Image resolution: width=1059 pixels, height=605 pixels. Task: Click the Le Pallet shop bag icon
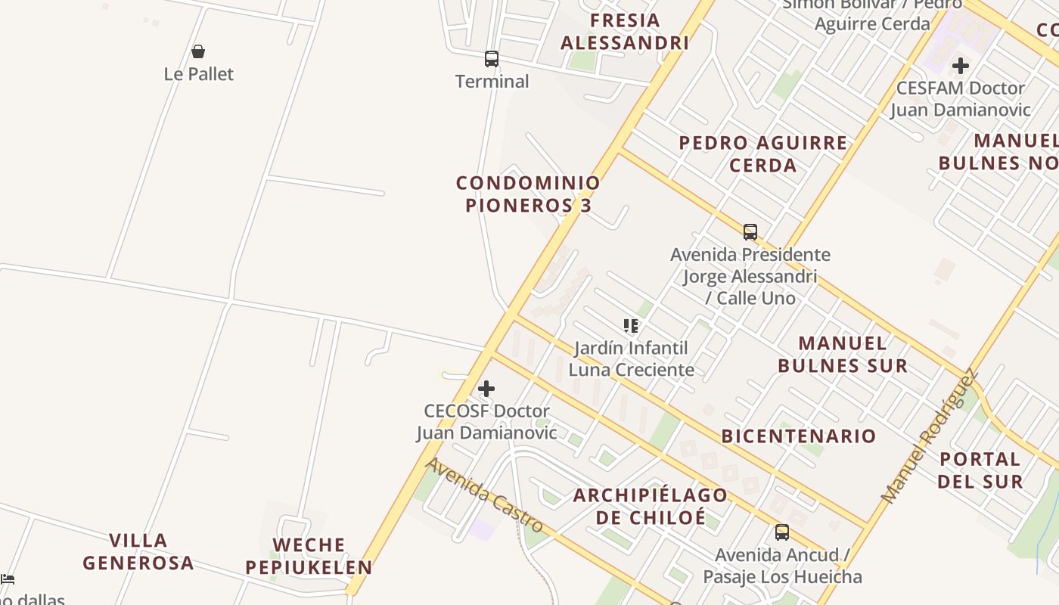(198, 51)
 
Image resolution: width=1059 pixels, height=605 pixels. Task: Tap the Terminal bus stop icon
(492, 58)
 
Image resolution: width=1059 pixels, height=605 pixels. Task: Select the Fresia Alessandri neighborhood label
(625, 32)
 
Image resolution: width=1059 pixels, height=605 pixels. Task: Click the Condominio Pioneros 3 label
(528, 194)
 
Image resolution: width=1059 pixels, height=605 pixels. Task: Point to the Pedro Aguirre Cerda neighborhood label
(763, 154)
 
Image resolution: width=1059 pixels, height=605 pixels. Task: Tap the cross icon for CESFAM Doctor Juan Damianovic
(961, 66)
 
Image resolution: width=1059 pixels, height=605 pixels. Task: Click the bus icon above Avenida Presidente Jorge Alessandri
(750, 231)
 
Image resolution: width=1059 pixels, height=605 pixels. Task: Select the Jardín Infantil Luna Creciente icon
(631, 326)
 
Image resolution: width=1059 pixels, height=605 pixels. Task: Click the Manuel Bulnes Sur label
(843, 355)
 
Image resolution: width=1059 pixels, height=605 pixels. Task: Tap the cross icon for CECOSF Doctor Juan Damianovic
(486, 389)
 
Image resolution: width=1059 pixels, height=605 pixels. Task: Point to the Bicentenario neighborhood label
(799, 436)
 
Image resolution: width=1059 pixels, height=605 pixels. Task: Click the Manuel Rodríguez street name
(928, 436)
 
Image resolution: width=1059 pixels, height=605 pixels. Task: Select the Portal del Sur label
(980, 470)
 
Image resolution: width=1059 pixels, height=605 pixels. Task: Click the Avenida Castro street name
(485, 495)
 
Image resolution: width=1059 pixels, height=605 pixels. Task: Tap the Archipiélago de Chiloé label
(651, 506)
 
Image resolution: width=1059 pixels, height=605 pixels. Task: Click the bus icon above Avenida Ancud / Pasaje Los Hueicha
(782, 532)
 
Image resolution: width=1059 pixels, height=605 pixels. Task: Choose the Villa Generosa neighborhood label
(138, 551)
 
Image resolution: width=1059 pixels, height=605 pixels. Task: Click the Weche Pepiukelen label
(309, 556)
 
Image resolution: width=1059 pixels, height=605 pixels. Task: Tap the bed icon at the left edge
(7, 579)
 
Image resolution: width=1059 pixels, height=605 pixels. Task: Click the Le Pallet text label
(199, 74)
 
